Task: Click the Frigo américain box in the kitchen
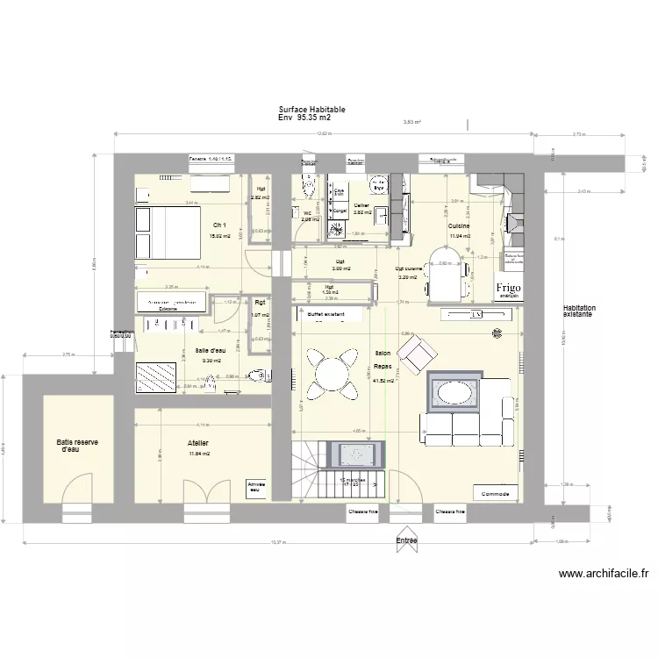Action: pyautogui.click(x=509, y=290)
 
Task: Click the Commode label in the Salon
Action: pyautogui.click(x=495, y=493)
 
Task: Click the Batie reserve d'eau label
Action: pyautogui.click(x=77, y=447)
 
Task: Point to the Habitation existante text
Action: pyautogui.click(x=579, y=311)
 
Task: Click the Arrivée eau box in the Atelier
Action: pyautogui.click(x=257, y=487)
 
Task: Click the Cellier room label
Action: pyautogui.click(x=361, y=205)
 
